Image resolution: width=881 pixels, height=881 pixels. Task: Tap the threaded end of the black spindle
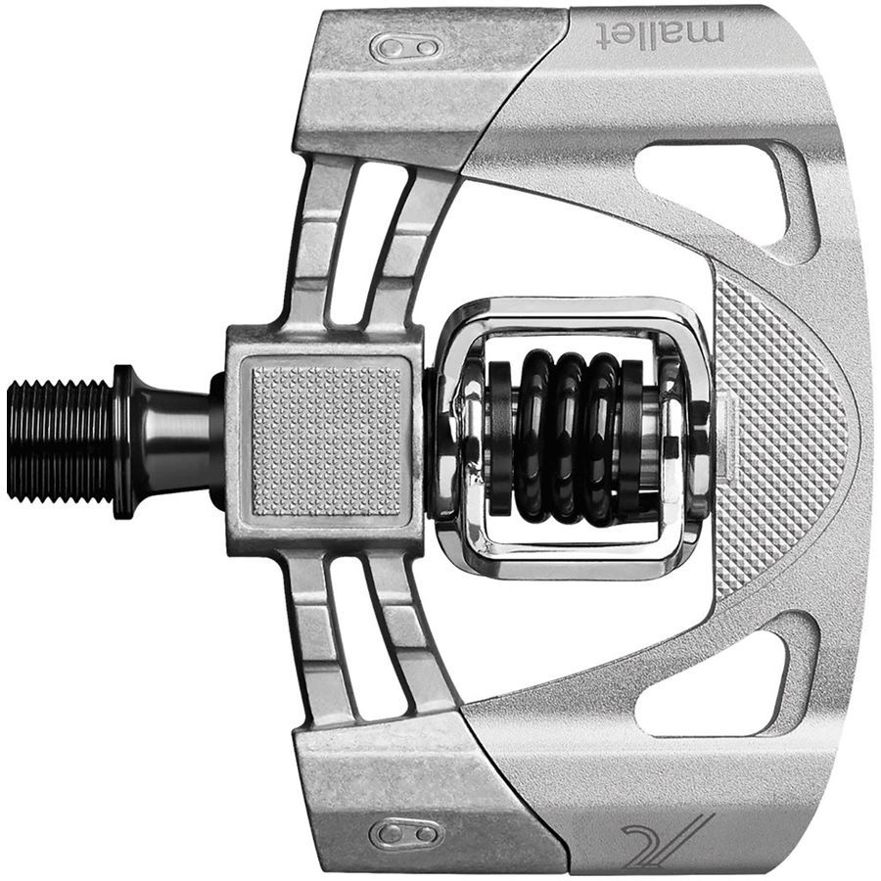click(59, 440)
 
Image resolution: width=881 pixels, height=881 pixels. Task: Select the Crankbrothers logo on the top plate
click(406, 47)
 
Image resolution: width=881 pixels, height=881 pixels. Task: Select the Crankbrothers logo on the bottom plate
click(406, 834)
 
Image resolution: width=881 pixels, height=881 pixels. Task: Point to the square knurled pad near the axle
click(326, 440)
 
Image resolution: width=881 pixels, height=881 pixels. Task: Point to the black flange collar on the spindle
click(124, 440)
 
